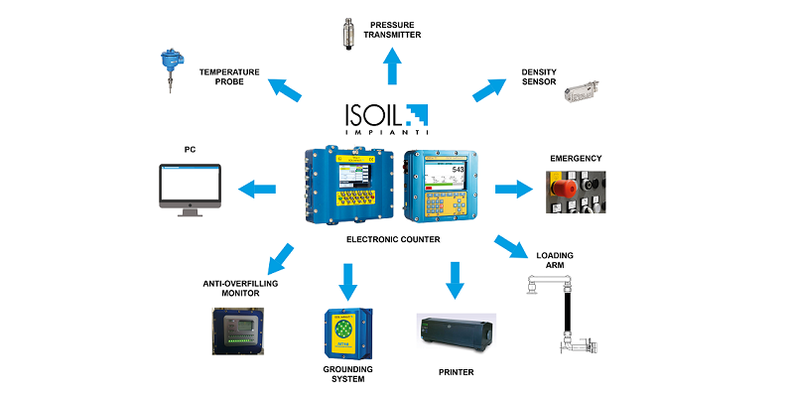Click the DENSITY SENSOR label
[543, 77]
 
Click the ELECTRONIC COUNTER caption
[396, 239]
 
